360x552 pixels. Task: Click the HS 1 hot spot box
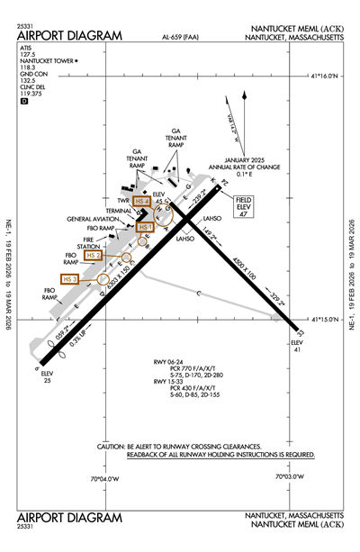click(146, 228)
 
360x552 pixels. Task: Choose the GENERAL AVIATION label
click(90, 219)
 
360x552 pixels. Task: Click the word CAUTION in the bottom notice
click(118, 447)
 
